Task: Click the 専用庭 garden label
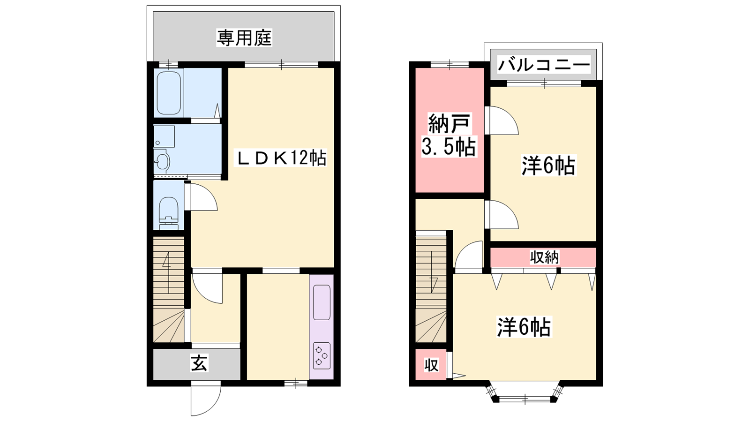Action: coord(244,38)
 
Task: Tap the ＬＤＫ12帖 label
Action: coord(281,158)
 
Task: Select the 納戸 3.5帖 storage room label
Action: coord(449,135)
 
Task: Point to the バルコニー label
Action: coord(543,65)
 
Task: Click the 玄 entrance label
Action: coord(200,363)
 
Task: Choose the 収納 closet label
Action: coord(544,257)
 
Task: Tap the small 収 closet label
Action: coord(431,365)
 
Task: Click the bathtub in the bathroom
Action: coord(169,93)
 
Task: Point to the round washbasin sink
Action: coord(162,162)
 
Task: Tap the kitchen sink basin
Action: coord(322,302)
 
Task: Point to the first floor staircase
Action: coord(169,289)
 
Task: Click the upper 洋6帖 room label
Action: coord(548,166)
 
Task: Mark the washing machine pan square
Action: coord(164,136)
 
